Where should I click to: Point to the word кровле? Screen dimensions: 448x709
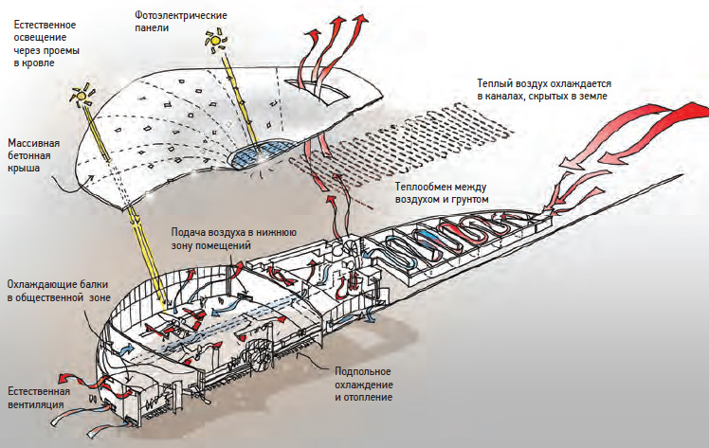coord(37,63)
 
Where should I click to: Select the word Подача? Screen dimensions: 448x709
coord(189,232)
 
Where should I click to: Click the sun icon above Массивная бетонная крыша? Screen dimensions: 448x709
coord(86,93)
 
